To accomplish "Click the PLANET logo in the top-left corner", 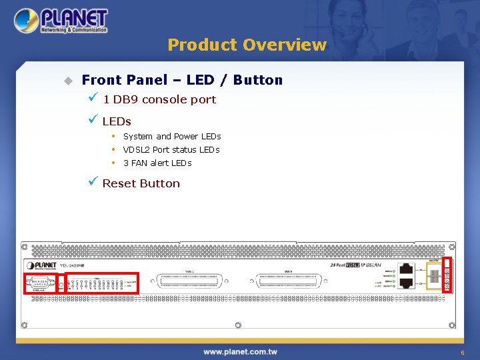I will pyautogui.click(x=60, y=21).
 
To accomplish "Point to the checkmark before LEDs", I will pyautogui.click(x=93, y=121).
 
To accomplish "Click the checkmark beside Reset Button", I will pyautogui.click(x=93, y=182).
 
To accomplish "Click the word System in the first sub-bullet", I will pyautogui.click(x=138, y=137).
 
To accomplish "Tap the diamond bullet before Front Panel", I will pyautogui.click(x=67, y=81).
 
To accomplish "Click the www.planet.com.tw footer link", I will pyautogui.click(x=240, y=351).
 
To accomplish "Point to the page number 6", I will pyautogui.click(x=462, y=352).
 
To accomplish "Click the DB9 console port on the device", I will pyautogui.click(x=39, y=283).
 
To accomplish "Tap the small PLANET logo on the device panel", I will pyautogui.click(x=43, y=265).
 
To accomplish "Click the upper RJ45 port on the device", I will pyautogui.click(x=406, y=269).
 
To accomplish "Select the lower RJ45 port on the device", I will pyautogui.click(x=406, y=283).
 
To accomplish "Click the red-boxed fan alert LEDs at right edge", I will pyautogui.click(x=447, y=275).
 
